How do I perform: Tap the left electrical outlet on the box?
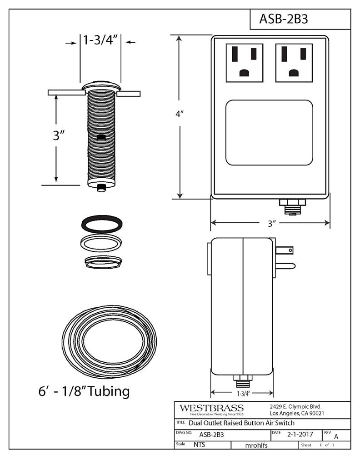tap(245, 63)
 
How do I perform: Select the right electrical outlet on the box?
tap(294, 63)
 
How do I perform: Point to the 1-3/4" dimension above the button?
tap(100, 40)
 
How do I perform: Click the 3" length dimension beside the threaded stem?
tap(56, 135)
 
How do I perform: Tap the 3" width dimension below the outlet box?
tap(272, 223)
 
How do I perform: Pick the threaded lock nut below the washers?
tap(104, 262)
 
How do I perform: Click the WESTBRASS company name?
tap(211, 408)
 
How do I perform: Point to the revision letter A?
tap(336, 436)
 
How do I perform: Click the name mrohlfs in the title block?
tap(256, 445)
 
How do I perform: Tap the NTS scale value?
tap(199, 445)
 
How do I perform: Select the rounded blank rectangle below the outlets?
tap(269, 133)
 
